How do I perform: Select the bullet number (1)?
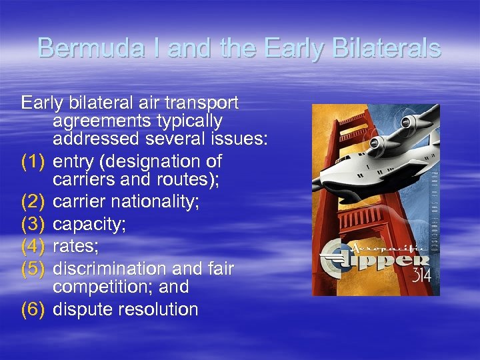pos(34,161)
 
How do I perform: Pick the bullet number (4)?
pos(34,247)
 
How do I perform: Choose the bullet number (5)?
pos(34,268)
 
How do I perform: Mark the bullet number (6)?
pos(34,309)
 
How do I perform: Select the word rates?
pos(75,247)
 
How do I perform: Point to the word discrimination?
pos(107,268)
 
